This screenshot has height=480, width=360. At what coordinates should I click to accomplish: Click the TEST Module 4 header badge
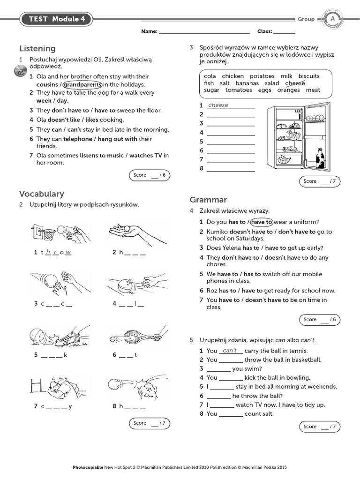[56, 19]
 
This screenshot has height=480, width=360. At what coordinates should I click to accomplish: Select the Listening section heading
[37, 49]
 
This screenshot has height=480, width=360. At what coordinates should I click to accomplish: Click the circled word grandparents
[82, 84]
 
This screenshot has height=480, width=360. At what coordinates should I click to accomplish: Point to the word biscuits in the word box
[309, 76]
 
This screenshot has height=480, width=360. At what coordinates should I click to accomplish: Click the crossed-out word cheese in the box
[295, 83]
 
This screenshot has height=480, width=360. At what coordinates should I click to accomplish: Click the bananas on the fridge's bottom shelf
[284, 159]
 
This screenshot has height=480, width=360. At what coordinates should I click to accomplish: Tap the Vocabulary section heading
[42, 194]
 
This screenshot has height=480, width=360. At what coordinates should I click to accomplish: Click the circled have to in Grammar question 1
[262, 222]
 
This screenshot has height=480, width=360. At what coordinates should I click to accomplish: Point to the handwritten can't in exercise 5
[230, 351]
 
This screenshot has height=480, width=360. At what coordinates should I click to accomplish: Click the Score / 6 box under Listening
[149, 175]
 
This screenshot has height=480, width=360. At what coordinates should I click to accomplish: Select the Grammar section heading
[208, 200]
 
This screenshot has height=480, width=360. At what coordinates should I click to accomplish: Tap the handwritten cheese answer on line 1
[218, 105]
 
